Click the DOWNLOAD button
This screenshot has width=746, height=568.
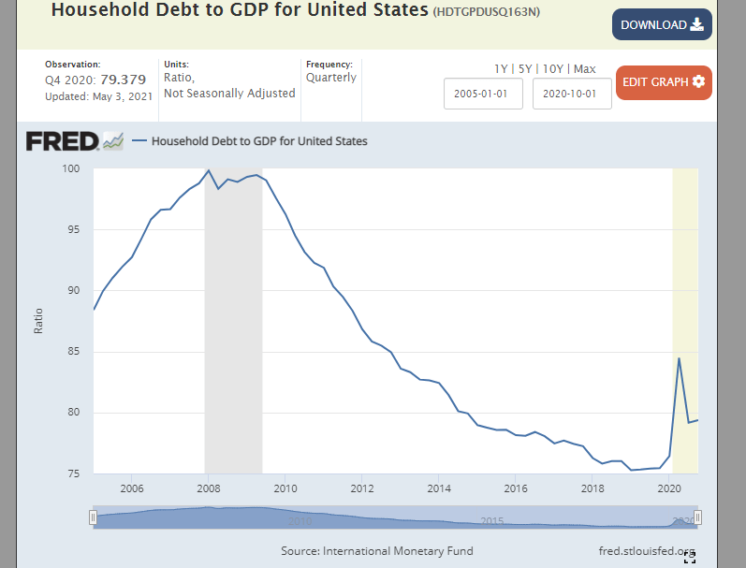662,25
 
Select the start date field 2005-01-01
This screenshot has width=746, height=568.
483,94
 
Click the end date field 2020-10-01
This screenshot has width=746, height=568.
572,94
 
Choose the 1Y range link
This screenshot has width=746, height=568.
502,68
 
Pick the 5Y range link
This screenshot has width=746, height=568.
525,68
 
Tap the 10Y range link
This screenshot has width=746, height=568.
552,68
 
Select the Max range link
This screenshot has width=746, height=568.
584,68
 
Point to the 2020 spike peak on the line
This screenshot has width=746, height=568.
679,358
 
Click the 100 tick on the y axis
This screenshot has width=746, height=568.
72,169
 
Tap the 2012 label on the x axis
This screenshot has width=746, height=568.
362,488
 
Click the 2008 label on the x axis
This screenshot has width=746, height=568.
209,488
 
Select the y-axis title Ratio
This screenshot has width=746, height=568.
38,321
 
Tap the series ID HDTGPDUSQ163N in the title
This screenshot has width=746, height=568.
488,12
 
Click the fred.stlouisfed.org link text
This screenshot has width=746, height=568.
647,550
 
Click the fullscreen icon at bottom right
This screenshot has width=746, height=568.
690,558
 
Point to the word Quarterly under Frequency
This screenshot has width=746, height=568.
331,78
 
